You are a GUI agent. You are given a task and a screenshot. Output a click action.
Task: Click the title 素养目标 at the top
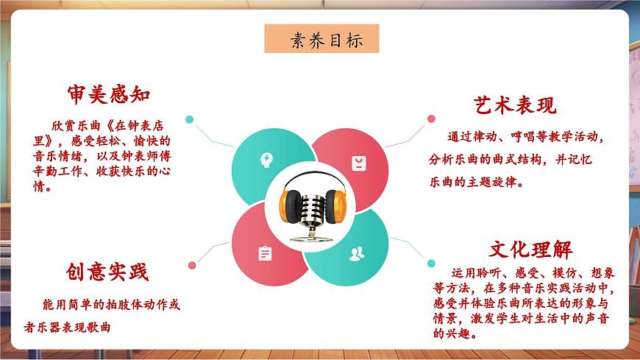point(321,40)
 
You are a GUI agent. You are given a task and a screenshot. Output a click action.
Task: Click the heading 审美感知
point(108,95)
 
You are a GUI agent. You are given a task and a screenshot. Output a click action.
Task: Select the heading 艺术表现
point(514,105)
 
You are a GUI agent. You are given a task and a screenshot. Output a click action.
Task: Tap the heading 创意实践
point(106,272)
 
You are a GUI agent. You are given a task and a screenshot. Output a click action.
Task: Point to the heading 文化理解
point(531,249)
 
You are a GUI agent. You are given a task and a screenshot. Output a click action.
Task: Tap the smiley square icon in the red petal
point(358,161)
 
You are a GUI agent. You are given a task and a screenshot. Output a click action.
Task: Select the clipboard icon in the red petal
point(265,253)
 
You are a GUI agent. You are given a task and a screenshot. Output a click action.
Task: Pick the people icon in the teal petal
point(358,254)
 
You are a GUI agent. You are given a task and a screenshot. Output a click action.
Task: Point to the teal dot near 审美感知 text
point(189,119)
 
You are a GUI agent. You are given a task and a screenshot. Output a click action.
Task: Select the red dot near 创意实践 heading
point(192,266)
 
